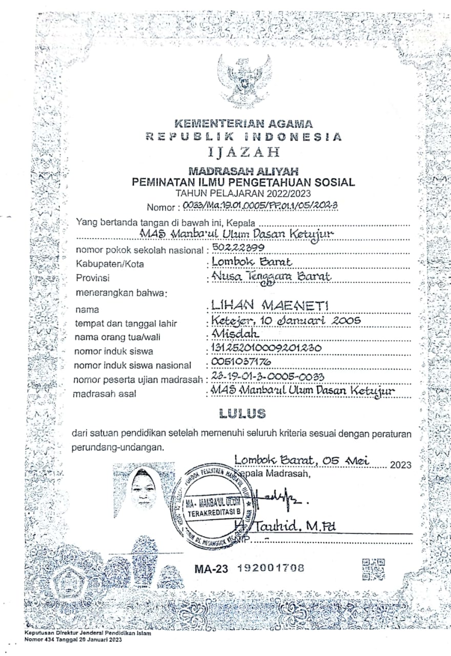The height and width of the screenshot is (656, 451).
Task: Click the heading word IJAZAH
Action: pos(244,152)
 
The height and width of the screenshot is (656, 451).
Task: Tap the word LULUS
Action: pos(242,413)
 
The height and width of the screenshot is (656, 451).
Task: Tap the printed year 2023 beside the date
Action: pos(401,465)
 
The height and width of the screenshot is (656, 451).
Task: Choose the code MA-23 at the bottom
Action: pos(211,568)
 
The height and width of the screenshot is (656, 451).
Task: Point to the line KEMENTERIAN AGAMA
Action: pos(243,124)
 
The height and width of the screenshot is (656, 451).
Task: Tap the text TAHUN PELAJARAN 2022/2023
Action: pos(243,193)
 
